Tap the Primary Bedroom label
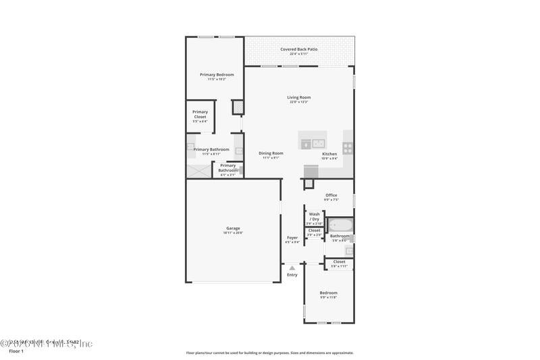pos(217,76)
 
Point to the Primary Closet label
pos(200,114)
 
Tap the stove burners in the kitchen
pos(348,147)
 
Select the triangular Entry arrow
pos(292,268)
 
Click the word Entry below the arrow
pos(292,275)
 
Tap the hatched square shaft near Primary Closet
pos(238,107)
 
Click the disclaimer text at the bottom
pos(269,353)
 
